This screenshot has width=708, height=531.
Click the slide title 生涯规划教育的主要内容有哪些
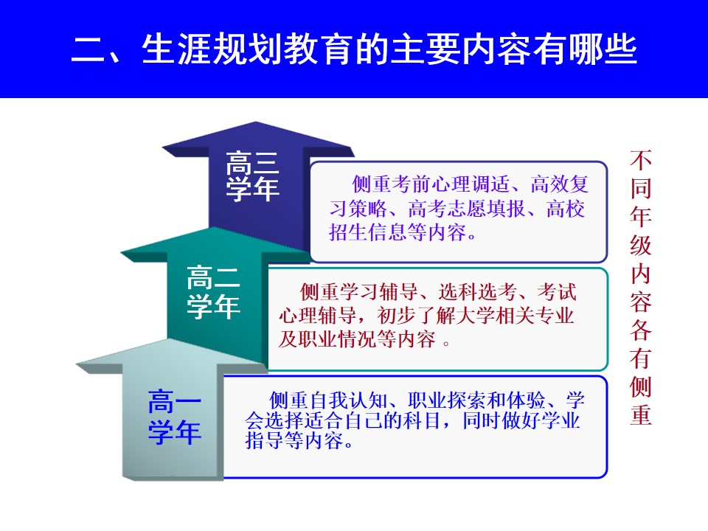tap(389, 49)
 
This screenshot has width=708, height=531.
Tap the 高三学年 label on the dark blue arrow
tap(252, 176)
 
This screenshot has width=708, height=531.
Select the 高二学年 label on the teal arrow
tap(213, 292)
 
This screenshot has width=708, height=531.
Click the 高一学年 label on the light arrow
tap(175, 417)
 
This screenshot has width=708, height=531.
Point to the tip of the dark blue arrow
tap(256, 122)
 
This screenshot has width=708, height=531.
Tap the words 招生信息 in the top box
tap(368, 232)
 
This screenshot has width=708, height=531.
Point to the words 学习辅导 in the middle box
tap(379, 292)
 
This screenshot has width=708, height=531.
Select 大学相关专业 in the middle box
tap(516, 316)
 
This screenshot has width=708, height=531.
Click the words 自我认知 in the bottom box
tap(348, 400)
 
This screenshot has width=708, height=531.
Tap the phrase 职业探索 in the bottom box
tap(447, 400)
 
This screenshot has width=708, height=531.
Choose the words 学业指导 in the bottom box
tap(413, 430)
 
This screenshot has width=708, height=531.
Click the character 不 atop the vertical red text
tap(641, 160)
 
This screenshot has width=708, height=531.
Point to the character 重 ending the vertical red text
tap(641, 414)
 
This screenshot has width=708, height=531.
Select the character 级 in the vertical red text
tap(641, 245)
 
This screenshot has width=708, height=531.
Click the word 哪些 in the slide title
tap(603, 49)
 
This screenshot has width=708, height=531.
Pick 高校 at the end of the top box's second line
tap(566, 209)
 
